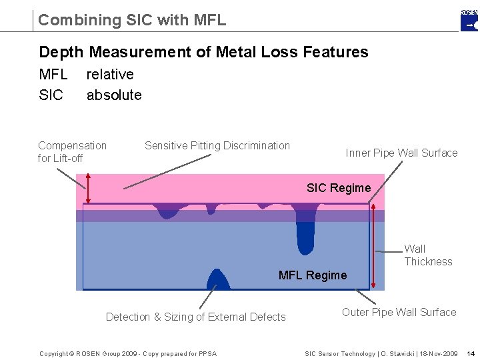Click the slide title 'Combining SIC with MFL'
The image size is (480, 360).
(132, 20)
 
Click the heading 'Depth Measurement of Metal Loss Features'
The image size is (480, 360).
(203, 52)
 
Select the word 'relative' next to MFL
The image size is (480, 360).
(110, 74)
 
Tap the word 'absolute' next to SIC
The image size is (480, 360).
(114, 95)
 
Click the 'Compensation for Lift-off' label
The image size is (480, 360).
(72, 151)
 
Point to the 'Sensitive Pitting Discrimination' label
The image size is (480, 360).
(217, 145)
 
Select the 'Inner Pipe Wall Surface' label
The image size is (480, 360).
(401, 153)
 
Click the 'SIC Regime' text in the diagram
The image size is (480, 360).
(339, 188)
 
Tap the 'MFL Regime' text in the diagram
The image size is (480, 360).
(313, 275)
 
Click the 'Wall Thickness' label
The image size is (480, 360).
(428, 255)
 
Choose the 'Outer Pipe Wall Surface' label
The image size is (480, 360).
(399, 312)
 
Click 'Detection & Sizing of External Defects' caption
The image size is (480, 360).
(196, 317)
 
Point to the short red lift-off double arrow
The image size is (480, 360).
(86, 189)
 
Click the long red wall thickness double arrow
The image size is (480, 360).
(375, 247)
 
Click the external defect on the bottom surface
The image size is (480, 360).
(218, 280)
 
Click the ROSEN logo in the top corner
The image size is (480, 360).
(469, 20)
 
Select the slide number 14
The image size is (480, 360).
(471, 353)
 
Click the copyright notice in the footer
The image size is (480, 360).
(128, 353)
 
